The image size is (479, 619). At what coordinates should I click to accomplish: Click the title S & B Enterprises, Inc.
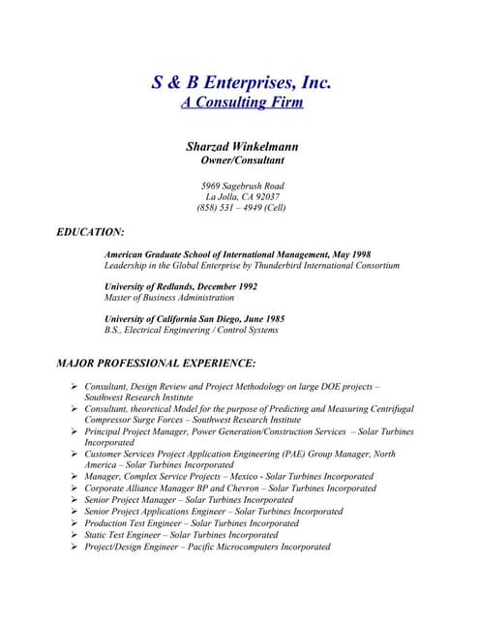(241, 83)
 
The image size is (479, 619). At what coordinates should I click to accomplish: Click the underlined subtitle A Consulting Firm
(241, 103)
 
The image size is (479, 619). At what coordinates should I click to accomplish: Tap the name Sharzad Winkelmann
(241, 146)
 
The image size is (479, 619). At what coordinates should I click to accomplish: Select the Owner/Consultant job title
(241, 160)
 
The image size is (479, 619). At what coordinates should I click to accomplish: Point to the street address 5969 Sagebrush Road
(241, 185)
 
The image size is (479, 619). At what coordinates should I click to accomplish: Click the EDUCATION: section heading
(91, 232)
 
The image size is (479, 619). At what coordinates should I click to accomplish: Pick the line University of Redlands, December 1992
(180, 286)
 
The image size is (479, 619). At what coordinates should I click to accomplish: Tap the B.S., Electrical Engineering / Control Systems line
(191, 330)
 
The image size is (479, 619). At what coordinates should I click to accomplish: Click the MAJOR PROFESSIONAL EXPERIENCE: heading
(156, 364)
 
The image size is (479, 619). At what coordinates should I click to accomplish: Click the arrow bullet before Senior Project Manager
(75, 500)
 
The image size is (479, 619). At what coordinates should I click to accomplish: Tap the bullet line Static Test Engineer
(181, 535)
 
